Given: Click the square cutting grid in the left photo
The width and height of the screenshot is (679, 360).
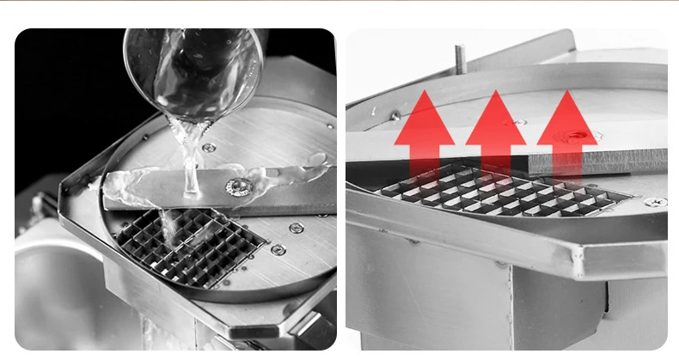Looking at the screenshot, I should (193, 245).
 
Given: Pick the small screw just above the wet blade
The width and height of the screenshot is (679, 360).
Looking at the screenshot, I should (209, 148).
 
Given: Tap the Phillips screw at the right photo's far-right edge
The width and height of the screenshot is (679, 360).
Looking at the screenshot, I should (655, 203).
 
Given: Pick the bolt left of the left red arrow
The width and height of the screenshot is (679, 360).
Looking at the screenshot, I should (395, 115).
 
